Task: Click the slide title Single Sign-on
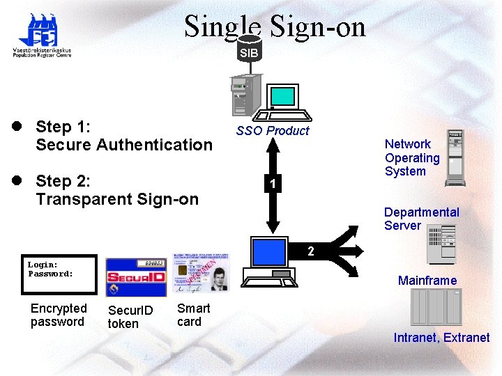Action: [x=275, y=26]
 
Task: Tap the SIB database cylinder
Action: [x=249, y=53]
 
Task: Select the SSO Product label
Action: [x=272, y=131]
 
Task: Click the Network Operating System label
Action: [x=412, y=157]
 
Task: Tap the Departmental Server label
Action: [x=421, y=219]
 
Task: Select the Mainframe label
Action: [x=427, y=281]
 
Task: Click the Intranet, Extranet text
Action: [x=441, y=338]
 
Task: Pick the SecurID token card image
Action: [x=136, y=278]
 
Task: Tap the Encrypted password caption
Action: [x=59, y=315]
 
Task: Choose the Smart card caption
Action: [x=193, y=315]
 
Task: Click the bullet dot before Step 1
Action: [x=15, y=127]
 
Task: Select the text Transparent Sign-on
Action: [x=117, y=199]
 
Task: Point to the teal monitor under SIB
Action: [x=283, y=97]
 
